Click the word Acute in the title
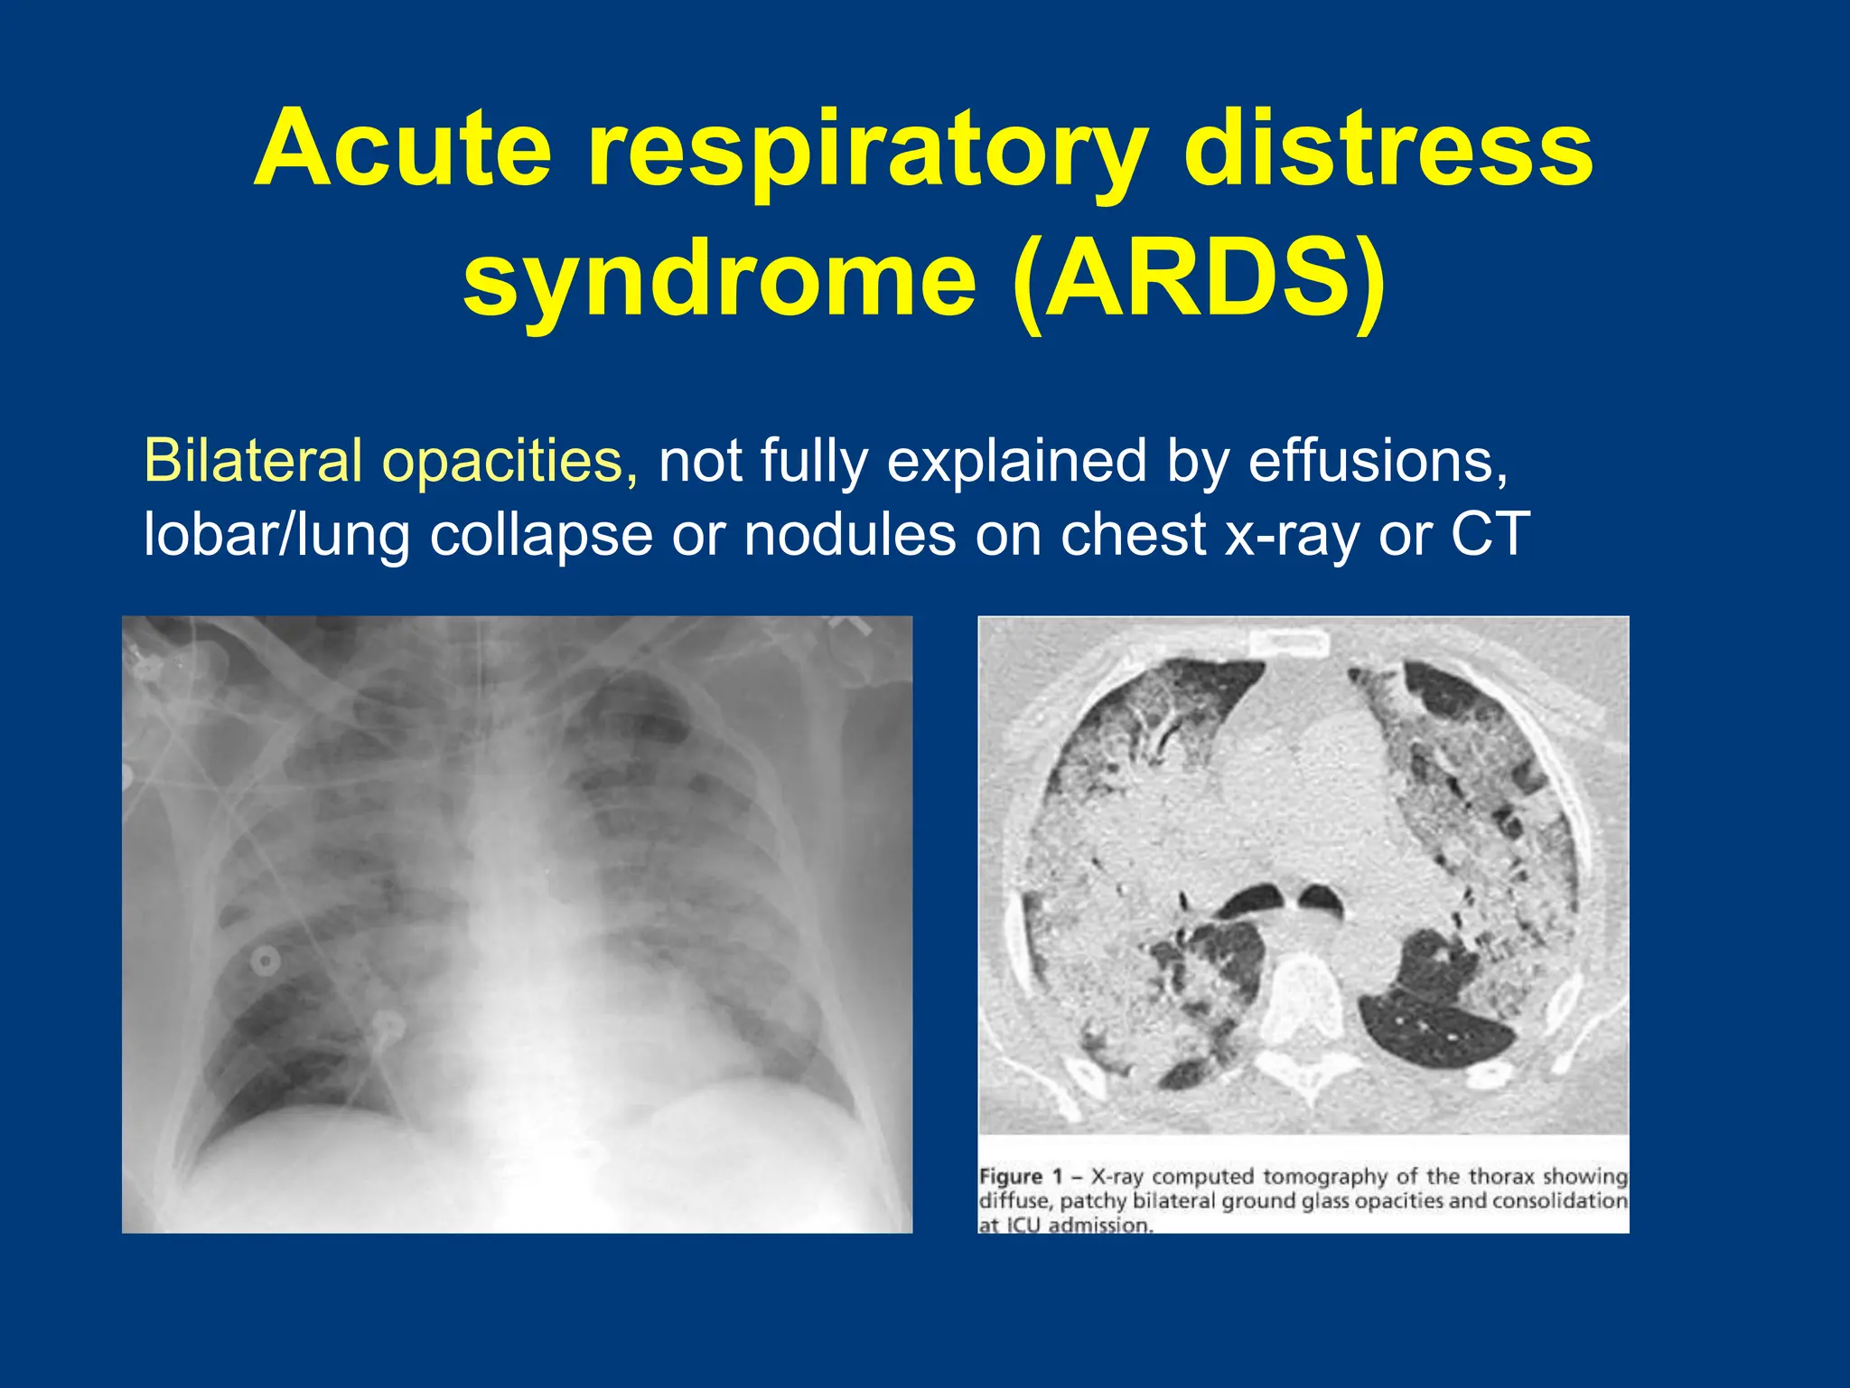tap(403, 149)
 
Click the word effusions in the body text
tap(1377, 461)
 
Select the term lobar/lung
tap(276, 536)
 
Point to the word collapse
tap(541, 536)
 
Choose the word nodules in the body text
tap(849, 534)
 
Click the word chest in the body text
tap(1133, 534)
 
